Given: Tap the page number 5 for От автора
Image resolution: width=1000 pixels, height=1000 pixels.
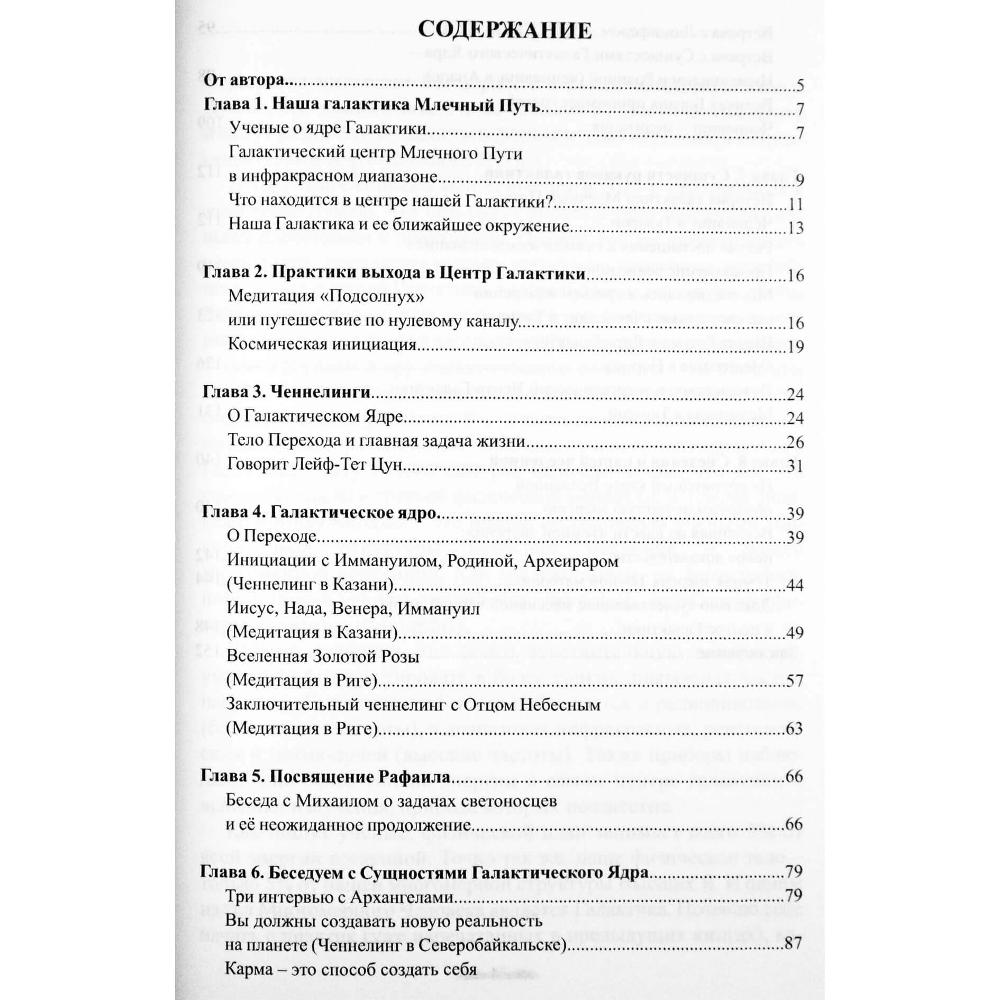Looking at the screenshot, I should [799, 85].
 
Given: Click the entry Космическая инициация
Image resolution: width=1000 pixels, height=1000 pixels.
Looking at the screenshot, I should [322, 344].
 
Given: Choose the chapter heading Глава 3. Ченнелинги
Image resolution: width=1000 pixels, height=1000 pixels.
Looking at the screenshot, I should [286, 392].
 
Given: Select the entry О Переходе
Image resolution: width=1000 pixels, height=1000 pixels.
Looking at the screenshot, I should [271, 537].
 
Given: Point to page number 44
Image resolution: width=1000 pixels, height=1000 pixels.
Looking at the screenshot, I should [795, 586].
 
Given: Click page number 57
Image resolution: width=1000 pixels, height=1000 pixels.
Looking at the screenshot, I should [795, 681].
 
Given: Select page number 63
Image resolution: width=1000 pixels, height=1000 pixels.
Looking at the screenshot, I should [795, 729].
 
